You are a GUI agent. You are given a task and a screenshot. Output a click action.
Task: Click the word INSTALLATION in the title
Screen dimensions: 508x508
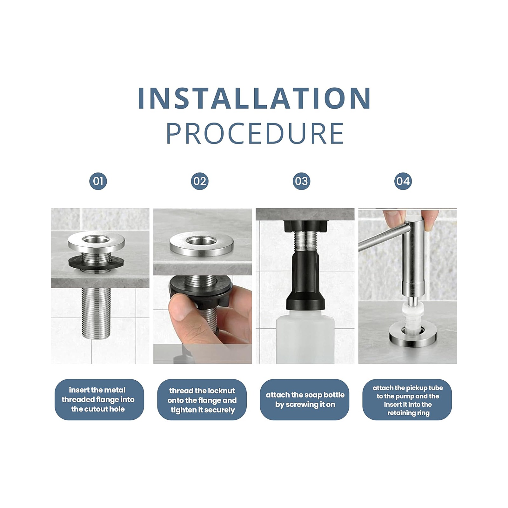(x=254, y=98)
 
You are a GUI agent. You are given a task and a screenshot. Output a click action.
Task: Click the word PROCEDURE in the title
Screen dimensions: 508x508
(x=255, y=134)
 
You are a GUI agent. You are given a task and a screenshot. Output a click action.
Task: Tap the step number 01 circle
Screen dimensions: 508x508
(x=98, y=181)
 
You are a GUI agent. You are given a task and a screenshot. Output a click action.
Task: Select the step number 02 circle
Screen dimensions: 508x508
(x=200, y=181)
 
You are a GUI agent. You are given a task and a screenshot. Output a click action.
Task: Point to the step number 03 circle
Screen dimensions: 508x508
(x=301, y=181)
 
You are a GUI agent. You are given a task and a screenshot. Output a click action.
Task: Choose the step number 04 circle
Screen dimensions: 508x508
(x=403, y=181)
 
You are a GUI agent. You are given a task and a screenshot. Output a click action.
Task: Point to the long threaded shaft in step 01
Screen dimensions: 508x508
(x=96, y=312)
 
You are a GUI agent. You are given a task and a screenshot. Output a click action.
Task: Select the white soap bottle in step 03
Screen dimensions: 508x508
(x=305, y=338)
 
